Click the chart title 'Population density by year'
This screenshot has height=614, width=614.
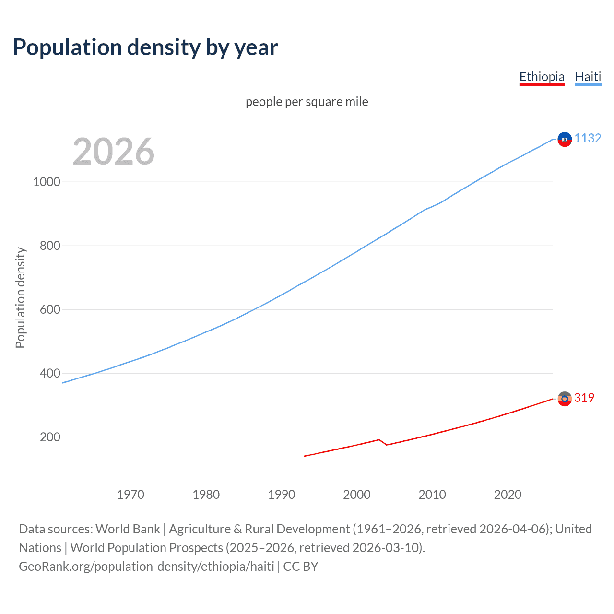pos(145,47)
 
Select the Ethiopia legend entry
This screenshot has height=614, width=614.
pos(542,77)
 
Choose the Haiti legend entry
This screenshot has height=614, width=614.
pos(588,77)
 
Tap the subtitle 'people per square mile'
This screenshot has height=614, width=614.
pos(307,102)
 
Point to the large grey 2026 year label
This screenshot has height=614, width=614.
pos(114,152)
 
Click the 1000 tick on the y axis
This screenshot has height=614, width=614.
pos(47,182)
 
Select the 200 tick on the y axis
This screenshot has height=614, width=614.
pos(50,437)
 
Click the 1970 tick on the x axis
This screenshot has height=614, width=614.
pos(130,495)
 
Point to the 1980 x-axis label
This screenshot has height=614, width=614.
pos(206,495)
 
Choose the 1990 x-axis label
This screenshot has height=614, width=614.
pos(282,495)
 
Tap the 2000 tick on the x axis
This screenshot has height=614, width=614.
pos(357,495)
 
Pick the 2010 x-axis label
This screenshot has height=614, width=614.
pos(432,495)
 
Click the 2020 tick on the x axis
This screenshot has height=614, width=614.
pos(508,495)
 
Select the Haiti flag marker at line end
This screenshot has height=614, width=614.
pos(565,139)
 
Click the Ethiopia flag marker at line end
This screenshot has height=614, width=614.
pos(565,399)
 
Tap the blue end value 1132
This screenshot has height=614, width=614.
pos(588,138)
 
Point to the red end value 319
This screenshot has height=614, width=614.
pos(584,398)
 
